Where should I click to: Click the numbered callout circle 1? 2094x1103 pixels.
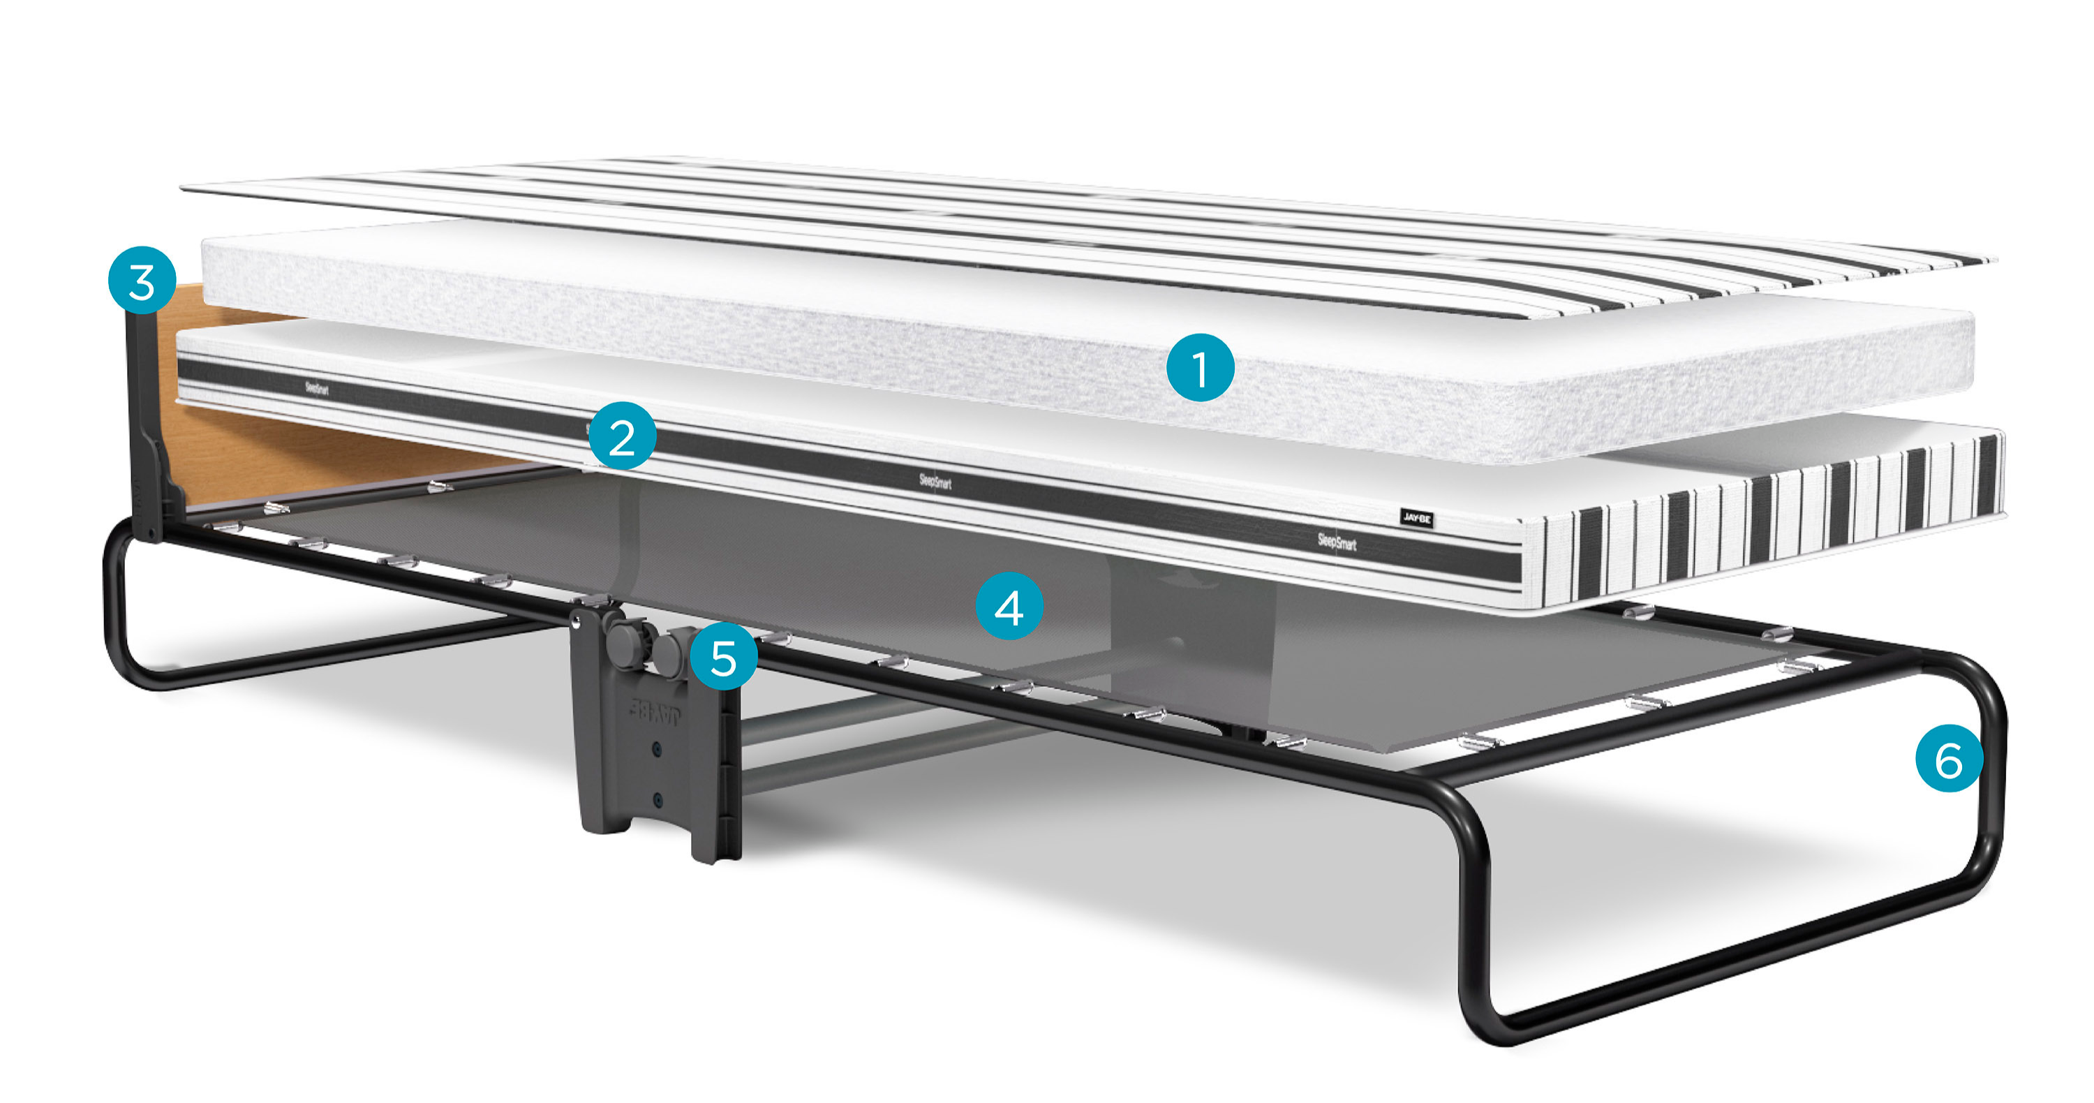[1200, 367]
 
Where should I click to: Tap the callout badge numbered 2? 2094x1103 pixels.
[622, 436]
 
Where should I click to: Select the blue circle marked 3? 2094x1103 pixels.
[142, 281]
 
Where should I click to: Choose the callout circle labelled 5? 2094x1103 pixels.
[723, 657]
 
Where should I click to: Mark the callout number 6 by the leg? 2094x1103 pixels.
[1949, 758]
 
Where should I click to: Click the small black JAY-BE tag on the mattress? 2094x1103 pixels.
[1417, 518]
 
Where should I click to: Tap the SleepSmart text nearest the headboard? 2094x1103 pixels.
[317, 387]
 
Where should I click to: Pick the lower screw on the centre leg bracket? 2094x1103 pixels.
[658, 801]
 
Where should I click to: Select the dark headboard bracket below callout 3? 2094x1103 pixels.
[150, 431]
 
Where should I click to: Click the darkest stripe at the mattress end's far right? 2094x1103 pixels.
[1987, 475]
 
